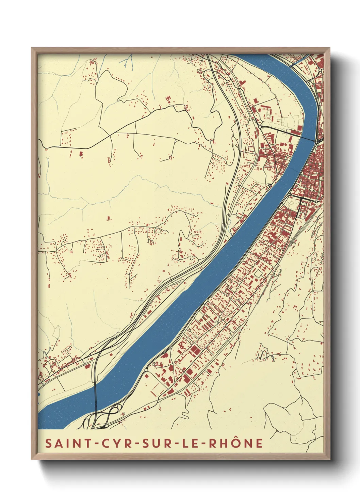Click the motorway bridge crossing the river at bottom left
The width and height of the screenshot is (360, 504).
95,392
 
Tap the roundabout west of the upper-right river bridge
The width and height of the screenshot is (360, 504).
260,126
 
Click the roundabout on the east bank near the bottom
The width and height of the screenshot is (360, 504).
146,370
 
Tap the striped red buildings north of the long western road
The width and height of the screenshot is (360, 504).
168,99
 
